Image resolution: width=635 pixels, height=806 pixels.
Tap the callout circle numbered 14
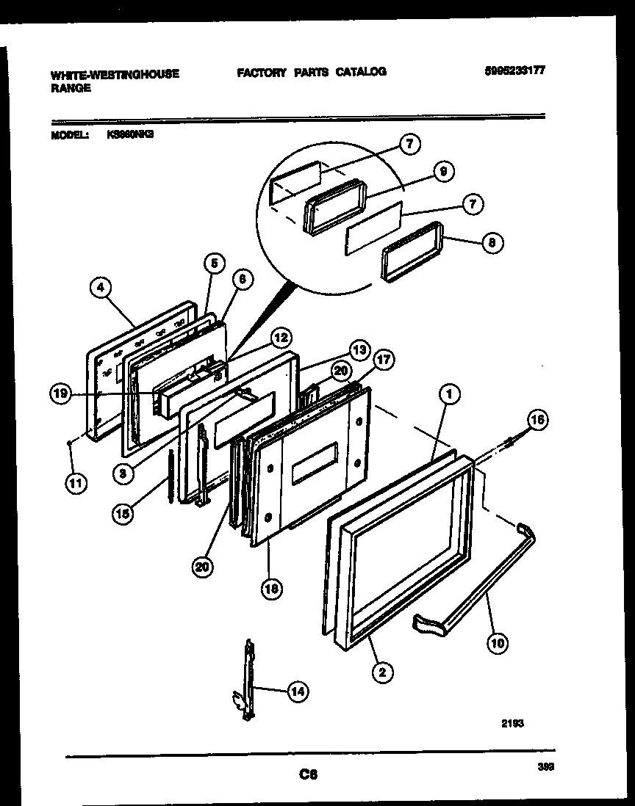(296, 691)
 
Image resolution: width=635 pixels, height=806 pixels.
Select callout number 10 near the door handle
(498, 644)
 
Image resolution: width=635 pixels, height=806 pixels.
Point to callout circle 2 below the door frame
(381, 671)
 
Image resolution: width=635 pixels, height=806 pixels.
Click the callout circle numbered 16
(537, 420)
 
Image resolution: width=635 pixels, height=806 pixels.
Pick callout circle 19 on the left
(62, 395)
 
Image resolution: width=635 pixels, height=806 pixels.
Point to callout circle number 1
(450, 394)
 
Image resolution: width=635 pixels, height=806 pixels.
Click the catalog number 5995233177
(514, 71)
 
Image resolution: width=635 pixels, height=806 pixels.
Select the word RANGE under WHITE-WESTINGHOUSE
(71, 87)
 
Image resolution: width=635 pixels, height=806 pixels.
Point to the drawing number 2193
(513, 722)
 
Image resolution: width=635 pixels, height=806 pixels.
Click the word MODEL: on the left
(71, 135)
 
